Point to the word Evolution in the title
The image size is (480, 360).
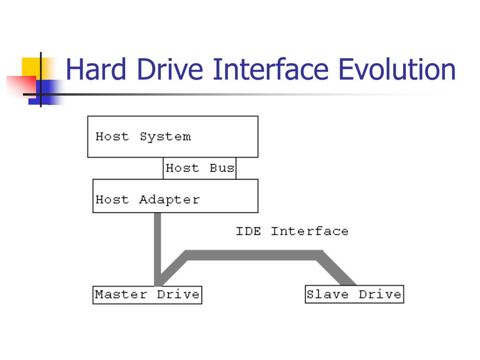(397, 70)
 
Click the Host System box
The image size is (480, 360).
(172, 136)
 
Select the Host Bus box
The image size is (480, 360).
(200, 168)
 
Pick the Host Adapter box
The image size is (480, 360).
(175, 196)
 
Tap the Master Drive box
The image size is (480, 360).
(147, 295)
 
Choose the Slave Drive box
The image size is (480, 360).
(354, 295)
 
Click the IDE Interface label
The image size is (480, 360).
(292, 231)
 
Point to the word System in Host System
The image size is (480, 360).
(165, 137)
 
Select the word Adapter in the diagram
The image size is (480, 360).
(169, 200)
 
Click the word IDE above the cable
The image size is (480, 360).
(248, 231)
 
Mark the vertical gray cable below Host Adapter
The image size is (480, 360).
(157, 244)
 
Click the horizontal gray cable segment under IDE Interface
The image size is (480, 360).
(253, 255)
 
